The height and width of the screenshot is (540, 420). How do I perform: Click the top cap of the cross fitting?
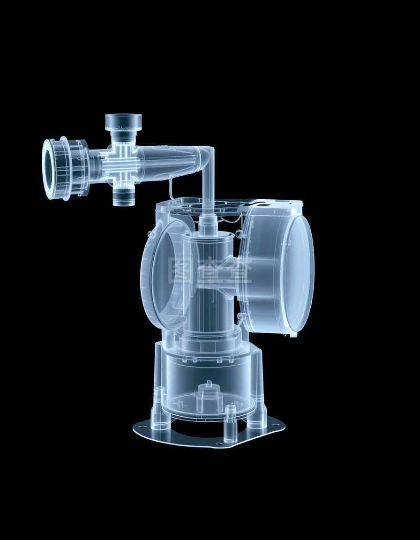pos(123,122)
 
